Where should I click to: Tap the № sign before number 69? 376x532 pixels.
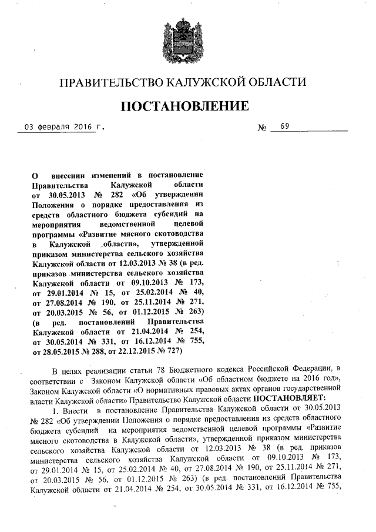263,127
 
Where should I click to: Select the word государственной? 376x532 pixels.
311,389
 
